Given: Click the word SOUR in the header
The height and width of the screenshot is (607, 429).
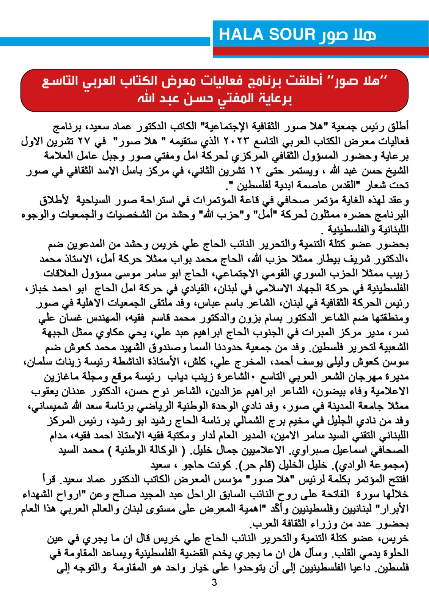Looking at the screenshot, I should pyautogui.click(x=292, y=35).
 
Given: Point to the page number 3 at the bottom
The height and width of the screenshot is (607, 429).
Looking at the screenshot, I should pyautogui.click(x=214, y=582).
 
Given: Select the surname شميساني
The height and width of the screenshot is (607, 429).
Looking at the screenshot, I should pyautogui.click(x=46, y=406).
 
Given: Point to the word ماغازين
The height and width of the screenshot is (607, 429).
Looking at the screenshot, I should pyautogui.click(x=63, y=377).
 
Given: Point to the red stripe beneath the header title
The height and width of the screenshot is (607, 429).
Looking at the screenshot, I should pyautogui.click(x=321, y=51).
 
